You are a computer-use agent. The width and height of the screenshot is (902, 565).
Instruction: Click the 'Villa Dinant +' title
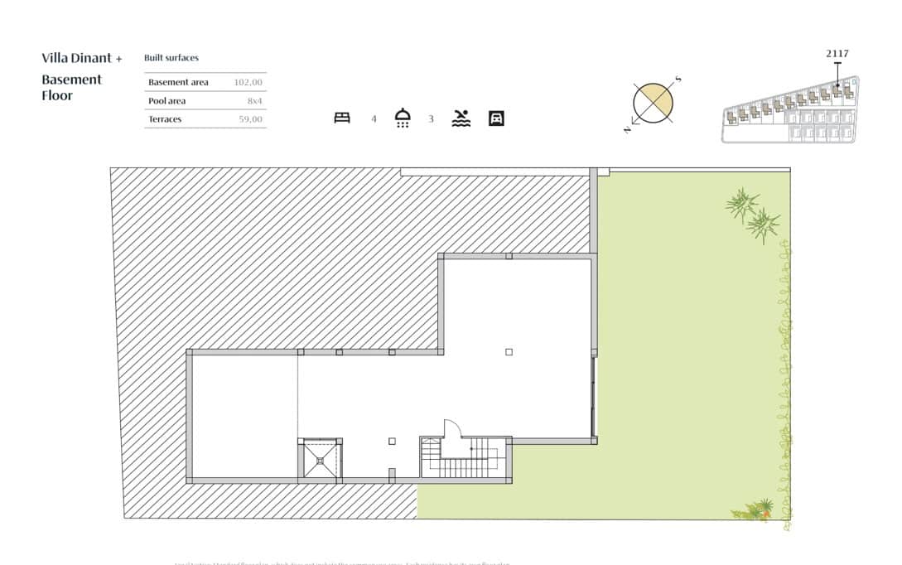[x=81, y=58]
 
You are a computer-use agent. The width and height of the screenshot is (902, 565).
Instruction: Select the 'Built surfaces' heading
[x=171, y=58]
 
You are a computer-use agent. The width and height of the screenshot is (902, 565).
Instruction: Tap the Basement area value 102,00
[x=248, y=82]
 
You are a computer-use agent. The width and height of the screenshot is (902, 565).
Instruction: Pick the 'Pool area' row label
[x=166, y=101]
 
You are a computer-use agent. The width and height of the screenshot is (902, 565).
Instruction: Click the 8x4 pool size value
[x=254, y=101]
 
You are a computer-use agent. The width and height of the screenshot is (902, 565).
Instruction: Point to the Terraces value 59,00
[x=250, y=119]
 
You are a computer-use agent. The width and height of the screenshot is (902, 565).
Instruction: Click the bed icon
[x=342, y=118]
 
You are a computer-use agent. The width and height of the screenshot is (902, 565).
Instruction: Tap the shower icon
[x=403, y=118]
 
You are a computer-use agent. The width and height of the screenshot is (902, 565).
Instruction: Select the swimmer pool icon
[x=461, y=118]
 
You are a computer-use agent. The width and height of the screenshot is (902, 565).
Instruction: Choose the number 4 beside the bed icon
[x=374, y=119]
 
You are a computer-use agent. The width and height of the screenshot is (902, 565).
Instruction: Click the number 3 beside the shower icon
[x=431, y=119]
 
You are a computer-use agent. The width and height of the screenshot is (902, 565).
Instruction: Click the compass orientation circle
[x=653, y=104]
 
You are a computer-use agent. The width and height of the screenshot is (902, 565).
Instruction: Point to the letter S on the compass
[x=678, y=80]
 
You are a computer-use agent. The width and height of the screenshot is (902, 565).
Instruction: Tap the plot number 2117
[x=837, y=54]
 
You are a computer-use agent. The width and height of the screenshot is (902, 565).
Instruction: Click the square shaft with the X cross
[x=319, y=459]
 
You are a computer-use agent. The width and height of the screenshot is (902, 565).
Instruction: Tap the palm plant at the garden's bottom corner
[x=757, y=510]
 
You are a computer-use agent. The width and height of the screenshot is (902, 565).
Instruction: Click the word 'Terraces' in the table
[x=165, y=119]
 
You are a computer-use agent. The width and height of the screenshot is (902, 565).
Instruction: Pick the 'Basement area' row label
[x=178, y=82]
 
